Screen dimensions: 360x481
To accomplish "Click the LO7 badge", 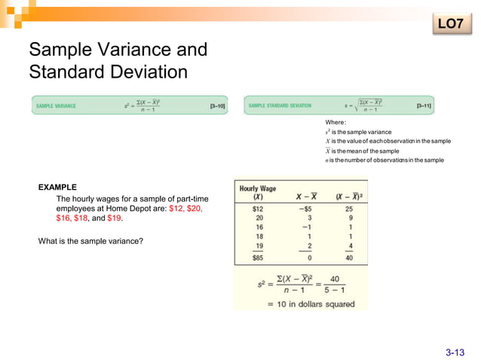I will [450, 24].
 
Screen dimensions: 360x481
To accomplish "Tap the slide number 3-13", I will [455, 352].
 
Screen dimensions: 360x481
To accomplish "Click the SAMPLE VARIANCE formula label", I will [56, 106].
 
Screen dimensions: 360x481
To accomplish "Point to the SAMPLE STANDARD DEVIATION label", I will [280, 106].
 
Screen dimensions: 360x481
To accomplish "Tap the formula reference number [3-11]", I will [424, 106].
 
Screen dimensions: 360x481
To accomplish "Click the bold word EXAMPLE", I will [57, 187].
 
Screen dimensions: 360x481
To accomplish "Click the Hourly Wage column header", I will [259, 192].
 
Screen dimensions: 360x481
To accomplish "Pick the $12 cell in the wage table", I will [257, 209].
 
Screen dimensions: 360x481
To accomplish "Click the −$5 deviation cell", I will [304, 209].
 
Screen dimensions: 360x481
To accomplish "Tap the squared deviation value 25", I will [349, 209].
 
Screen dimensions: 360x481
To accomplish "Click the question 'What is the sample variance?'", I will [90, 241].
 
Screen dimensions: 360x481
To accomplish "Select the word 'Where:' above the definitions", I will [335, 122].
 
